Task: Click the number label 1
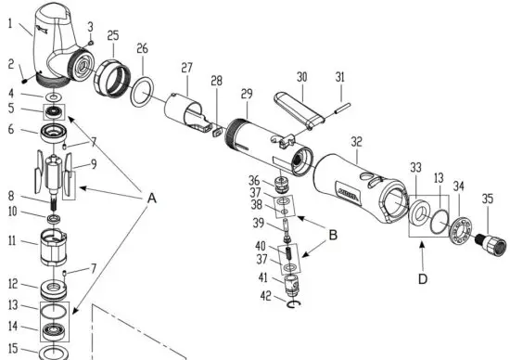click(x=12, y=25)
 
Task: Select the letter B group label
click(x=330, y=236)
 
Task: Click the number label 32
click(x=356, y=142)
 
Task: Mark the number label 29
click(x=246, y=96)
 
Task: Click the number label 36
click(x=253, y=180)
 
